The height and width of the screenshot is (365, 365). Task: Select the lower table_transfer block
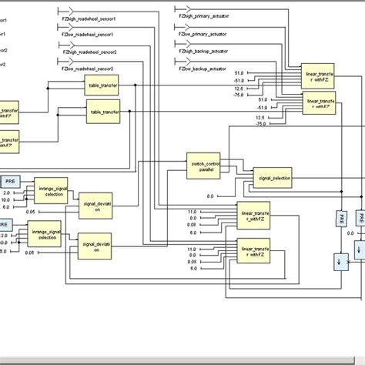105,112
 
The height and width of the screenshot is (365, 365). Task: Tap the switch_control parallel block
204,166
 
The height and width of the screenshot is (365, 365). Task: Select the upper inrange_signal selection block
54,189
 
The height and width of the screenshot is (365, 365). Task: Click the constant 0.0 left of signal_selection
211,196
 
